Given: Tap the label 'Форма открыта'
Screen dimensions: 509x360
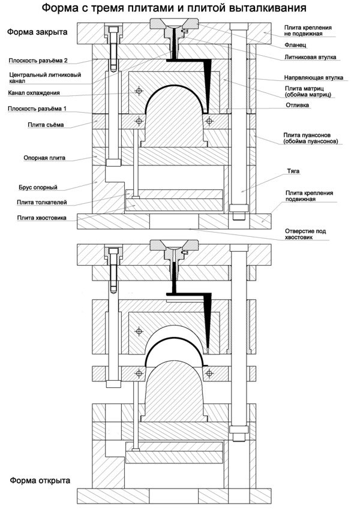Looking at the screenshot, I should click(40, 481).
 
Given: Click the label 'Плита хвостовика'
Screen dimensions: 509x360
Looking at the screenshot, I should click(42, 218).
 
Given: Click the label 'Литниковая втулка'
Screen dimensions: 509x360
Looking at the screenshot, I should click(310, 58).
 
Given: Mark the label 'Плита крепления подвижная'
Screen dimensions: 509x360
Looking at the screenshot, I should click(309, 197).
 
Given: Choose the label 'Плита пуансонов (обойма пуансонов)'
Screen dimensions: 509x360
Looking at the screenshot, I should click(311, 138).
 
